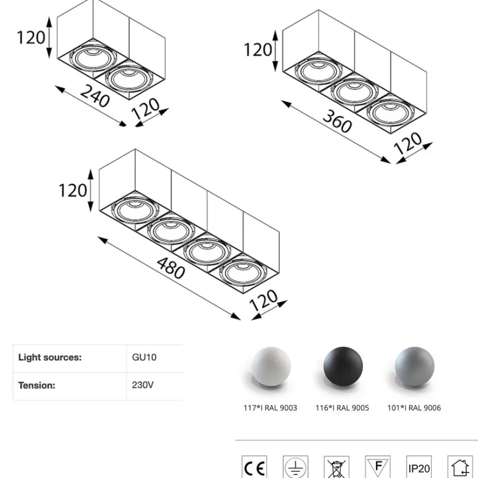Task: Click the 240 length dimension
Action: (x=95, y=96)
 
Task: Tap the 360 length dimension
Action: (x=337, y=121)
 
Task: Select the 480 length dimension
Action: (x=171, y=268)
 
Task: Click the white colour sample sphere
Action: (x=271, y=367)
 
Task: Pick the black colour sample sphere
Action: (x=343, y=367)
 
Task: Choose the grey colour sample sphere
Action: (x=414, y=367)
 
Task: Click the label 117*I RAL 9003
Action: (x=270, y=408)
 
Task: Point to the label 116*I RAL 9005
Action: (x=342, y=408)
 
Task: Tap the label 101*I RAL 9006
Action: (x=414, y=408)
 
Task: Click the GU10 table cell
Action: (x=144, y=357)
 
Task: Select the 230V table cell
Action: (x=143, y=385)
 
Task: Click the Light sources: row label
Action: (x=50, y=357)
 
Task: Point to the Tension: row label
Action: (x=36, y=385)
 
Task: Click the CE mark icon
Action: (x=254, y=467)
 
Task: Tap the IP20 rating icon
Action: (x=419, y=467)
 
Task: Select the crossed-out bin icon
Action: (x=337, y=467)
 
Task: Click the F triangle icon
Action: (x=378, y=467)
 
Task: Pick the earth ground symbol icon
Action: (x=295, y=467)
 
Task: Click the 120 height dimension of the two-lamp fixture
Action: (x=31, y=37)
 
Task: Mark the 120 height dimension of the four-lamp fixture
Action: (x=73, y=191)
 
